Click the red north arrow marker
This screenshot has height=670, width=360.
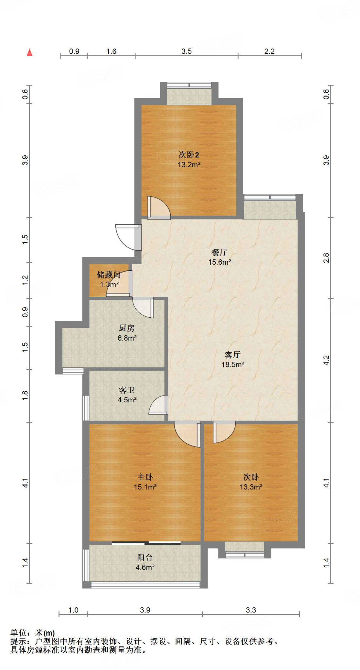pos(29,52)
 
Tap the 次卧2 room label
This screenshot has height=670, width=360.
pos(189,155)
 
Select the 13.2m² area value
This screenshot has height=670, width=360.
pos(189,165)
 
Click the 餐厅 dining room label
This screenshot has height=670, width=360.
pos(219,252)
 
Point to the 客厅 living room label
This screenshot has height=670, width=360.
pos(232,355)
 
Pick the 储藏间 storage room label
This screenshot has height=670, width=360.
pos(109,275)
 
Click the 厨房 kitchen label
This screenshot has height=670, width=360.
pos(127,328)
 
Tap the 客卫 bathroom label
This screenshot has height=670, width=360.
pos(127,390)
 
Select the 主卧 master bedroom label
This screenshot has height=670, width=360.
pos(145,477)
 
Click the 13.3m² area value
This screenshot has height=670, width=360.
pos(251,487)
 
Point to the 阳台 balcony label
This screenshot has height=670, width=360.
pos(145,557)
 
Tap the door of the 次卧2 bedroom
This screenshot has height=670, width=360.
pos(159,208)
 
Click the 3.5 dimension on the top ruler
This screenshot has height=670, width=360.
pos(186,51)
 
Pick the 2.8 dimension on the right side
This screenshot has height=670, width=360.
pos(326,258)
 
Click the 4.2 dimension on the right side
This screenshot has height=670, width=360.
pos(326,361)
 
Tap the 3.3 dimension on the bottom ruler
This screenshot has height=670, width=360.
pos(251,610)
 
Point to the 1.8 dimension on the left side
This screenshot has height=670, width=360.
pos(25,396)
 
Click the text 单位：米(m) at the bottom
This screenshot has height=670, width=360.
pos(33,633)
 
